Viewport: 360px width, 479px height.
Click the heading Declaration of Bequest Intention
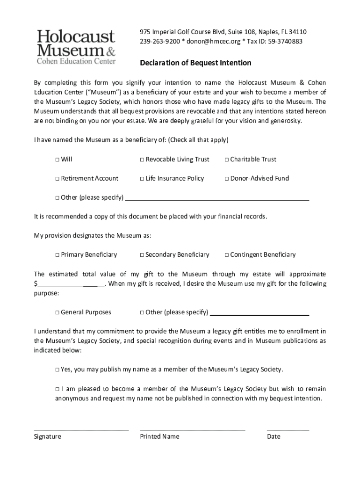196,63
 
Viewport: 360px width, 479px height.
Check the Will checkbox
57,160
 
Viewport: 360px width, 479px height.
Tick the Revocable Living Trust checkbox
142,160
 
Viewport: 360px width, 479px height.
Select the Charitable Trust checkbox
226,160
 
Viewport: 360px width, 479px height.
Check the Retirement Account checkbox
57,179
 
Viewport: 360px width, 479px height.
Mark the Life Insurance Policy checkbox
142,179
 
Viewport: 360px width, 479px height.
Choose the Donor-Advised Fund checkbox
226,179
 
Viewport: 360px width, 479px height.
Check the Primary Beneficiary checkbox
57,255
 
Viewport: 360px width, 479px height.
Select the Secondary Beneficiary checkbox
142,255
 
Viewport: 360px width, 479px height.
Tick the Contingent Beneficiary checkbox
226,255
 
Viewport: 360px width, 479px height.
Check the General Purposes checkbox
57,312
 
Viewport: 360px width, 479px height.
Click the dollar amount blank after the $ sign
70,284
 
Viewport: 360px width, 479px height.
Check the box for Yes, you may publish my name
57,370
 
